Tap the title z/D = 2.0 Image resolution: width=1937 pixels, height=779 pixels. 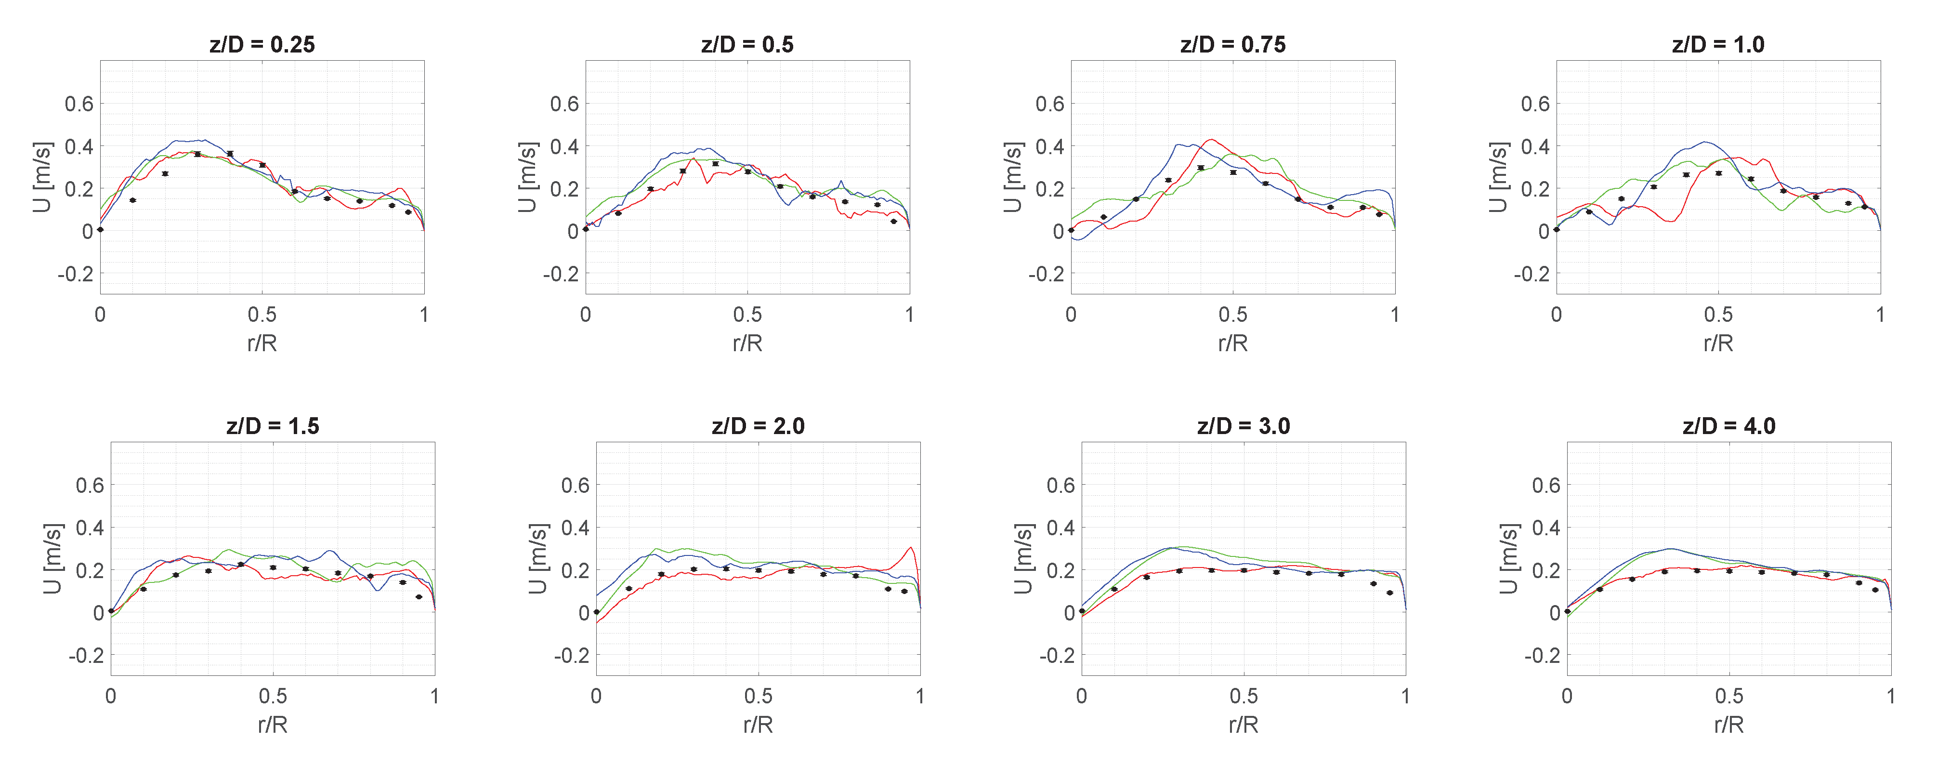[758, 426]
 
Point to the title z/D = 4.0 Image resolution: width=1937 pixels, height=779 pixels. [1729, 426]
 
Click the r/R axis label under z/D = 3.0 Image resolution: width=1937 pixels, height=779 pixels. [1243, 725]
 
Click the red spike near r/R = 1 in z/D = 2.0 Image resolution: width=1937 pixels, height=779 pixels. [911, 548]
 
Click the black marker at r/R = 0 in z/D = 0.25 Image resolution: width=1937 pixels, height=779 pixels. [101, 229]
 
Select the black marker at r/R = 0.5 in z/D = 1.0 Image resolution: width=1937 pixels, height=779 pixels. [1718, 173]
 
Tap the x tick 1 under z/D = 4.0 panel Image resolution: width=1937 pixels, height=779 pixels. [1890, 696]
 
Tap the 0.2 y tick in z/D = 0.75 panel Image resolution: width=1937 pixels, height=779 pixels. [1050, 189]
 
